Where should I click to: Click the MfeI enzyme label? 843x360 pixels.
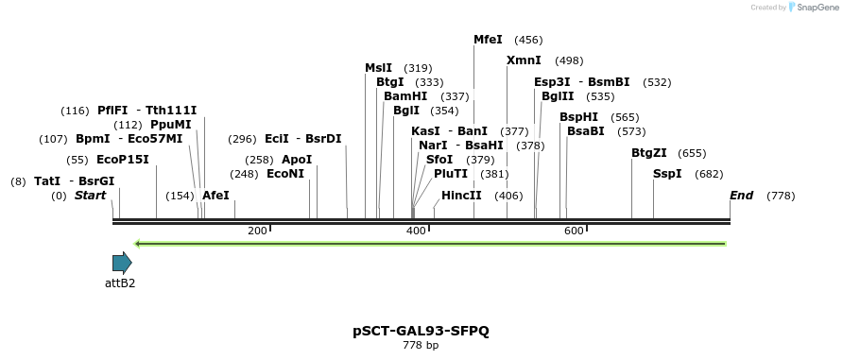click(488, 40)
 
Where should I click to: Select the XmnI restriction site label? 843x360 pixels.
click(524, 60)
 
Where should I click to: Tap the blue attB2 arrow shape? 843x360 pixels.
click(122, 263)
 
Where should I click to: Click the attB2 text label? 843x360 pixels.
click(120, 283)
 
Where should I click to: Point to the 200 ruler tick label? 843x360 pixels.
click(257, 231)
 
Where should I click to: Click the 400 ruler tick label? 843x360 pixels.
click(416, 231)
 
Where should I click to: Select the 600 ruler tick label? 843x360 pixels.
click(574, 231)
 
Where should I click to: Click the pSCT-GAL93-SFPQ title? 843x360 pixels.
click(421, 331)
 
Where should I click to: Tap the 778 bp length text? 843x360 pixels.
click(421, 345)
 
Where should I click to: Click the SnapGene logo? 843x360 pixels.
click(814, 7)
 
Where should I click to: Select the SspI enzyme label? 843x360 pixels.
click(667, 174)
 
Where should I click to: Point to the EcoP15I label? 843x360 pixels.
click(123, 160)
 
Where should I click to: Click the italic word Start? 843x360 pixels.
click(91, 195)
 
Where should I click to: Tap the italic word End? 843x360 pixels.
click(741, 195)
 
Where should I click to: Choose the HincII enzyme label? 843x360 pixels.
click(461, 195)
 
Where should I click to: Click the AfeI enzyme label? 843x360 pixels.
click(215, 195)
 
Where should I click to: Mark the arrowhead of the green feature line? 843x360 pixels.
click(136, 244)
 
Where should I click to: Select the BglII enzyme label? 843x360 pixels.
click(558, 96)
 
